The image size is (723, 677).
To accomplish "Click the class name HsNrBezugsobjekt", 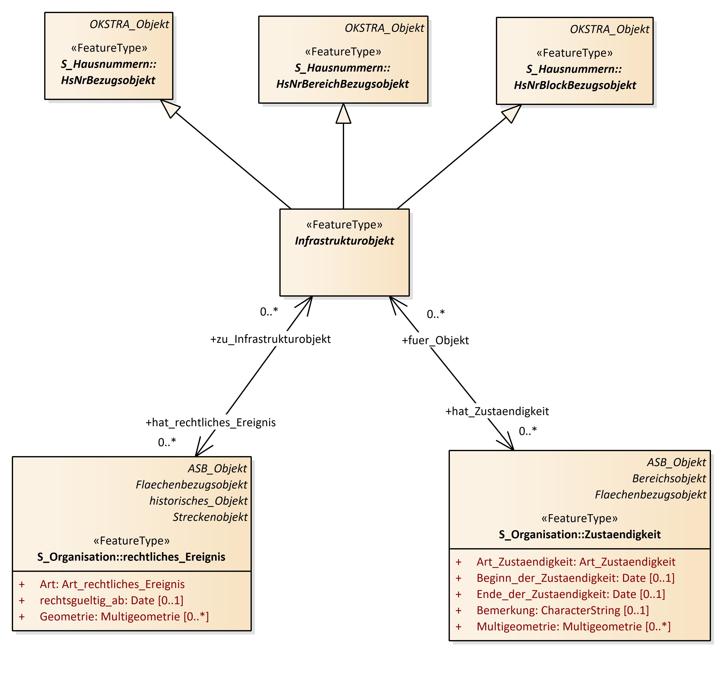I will tap(108, 80).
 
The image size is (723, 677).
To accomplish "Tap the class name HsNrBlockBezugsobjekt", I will tap(575, 85).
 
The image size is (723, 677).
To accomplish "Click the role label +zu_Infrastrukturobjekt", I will tap(270, 339).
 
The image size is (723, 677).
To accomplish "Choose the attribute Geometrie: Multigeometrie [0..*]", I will tap(124, 617).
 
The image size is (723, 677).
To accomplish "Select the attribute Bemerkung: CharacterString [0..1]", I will tap(563, 610).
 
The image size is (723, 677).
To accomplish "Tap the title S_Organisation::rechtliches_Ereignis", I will tap(131, 557).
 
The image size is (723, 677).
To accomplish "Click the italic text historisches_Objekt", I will tap(198, 501).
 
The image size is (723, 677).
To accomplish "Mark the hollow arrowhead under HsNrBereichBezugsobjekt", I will tap(343, 114).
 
